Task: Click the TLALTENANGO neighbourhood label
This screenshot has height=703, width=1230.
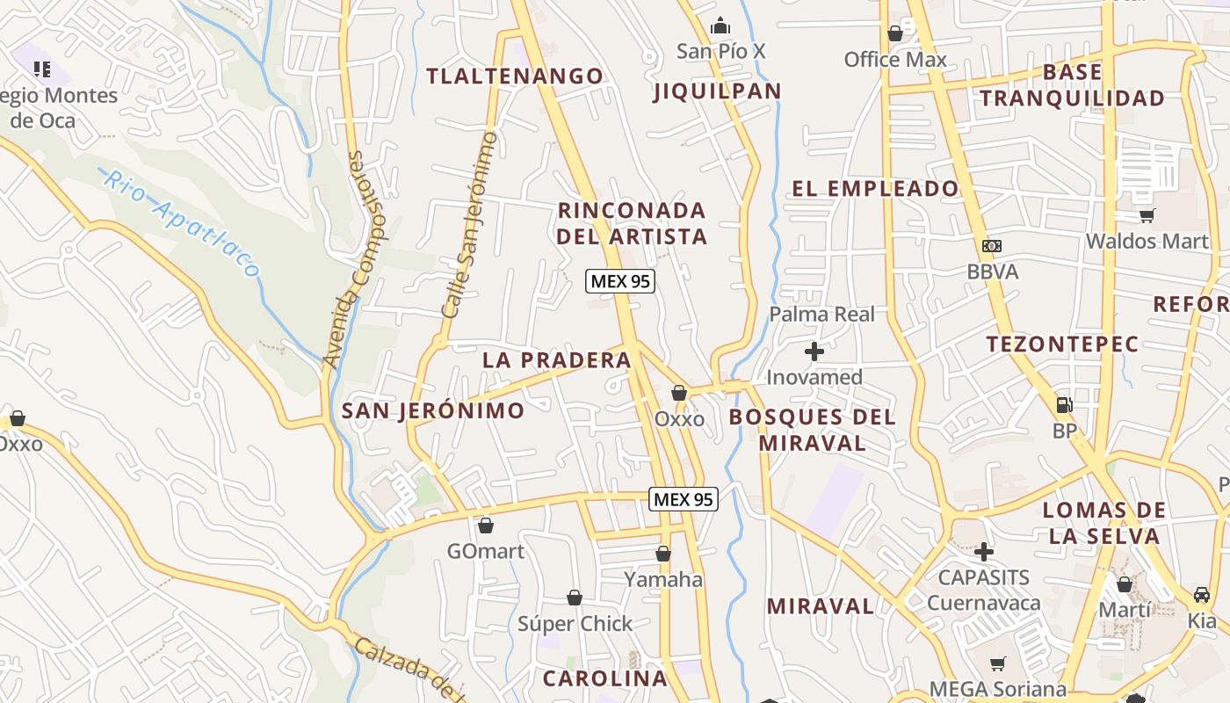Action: point(515,76)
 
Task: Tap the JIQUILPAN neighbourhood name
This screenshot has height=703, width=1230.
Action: point(718,91)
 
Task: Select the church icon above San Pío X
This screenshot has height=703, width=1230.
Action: point(720,26)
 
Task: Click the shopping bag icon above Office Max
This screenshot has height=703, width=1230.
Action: point(895,33)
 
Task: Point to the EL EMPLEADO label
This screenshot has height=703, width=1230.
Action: point(875,188)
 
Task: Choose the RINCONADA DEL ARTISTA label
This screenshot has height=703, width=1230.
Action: point(632,223)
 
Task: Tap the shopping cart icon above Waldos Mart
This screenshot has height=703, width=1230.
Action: point(1147,215)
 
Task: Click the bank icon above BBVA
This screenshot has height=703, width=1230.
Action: point(992,246)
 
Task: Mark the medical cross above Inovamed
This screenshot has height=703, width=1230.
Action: point(814,351)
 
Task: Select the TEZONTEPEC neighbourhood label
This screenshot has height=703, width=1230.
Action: point(1062,344)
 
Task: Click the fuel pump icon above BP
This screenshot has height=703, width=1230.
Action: point(1064,405)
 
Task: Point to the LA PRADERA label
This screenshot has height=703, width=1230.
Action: point(557,359)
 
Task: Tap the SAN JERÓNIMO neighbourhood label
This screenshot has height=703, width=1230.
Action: point(432,410)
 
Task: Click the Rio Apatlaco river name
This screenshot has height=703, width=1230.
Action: point(182,222)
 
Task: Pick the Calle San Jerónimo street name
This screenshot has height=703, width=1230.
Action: point(469,225)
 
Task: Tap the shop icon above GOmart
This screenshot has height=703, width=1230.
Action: point(485,525)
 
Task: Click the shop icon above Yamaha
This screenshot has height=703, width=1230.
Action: point(663,554)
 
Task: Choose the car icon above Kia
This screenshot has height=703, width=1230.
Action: point(1202,594)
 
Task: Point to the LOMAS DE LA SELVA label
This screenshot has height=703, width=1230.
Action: point(1103,523)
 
